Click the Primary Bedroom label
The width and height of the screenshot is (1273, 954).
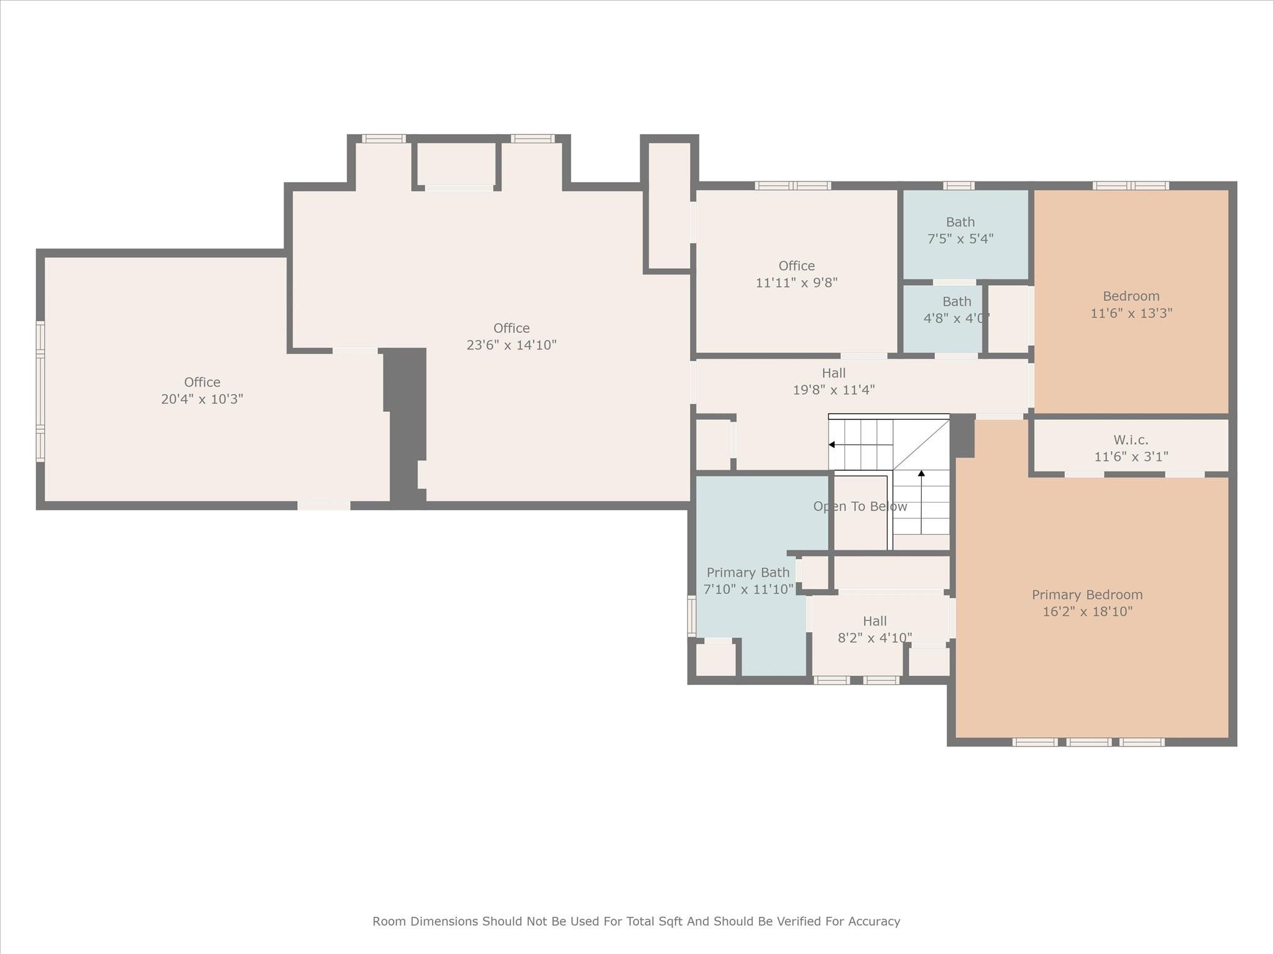pyautogui.click(x=1087, y=595)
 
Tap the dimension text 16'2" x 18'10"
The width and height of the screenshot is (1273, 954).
pyautogui.click(x=1087, y=612)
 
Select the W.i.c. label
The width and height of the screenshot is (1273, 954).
pyautogui.click(x=1131, y=440)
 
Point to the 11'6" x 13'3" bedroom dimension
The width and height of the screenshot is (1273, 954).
pyautogui.click(x=1131, y=313)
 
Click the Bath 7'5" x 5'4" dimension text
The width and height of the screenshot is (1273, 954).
pyautogui.click(x=960, y=238)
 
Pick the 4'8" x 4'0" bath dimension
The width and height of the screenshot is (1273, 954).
pyautogui.click(x=957, y=318)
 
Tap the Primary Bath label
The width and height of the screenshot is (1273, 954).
pyautogui.click(x=748, y=573)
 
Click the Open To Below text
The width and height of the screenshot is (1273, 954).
pyautogui.click(x=860, y=507)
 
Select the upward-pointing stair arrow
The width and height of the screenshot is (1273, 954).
pyautogui.click(x=921, y=502)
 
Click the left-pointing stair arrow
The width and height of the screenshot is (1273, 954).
pyautogui.click(x=860, y=445)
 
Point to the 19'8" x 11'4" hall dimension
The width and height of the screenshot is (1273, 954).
pyautogui.click(x=834, y=390)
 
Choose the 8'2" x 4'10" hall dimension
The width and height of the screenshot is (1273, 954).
pyautogui.click(x=875, y=638)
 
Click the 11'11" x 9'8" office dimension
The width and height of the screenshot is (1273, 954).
pyautogui.click(x=796, y=283)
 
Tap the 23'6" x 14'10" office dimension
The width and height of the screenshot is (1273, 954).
pyautogui.click(x=512, y=345)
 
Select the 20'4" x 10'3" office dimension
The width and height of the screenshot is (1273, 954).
pyautogui.click(x=202, y=399)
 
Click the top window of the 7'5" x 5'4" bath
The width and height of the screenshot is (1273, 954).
pyautogui.click(x=958, y=186)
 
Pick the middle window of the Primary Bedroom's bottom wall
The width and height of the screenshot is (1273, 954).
pyautogui.click(x=1089, y=742)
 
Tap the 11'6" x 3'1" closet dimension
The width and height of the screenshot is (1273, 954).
pyautogui.click(x=1131, y=457)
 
